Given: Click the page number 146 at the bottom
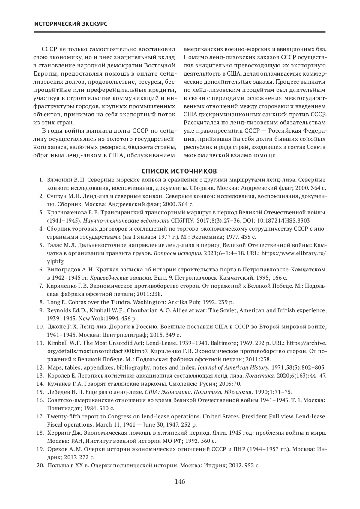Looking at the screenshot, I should (180, 482).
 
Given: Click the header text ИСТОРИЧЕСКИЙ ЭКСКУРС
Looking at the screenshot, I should (71, 24).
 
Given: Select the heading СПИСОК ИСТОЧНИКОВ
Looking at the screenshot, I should (179, 171).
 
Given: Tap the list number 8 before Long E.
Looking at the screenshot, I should (42, 302).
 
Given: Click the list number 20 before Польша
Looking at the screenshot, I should (40, 466).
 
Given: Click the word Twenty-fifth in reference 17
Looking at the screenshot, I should (62, 416).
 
